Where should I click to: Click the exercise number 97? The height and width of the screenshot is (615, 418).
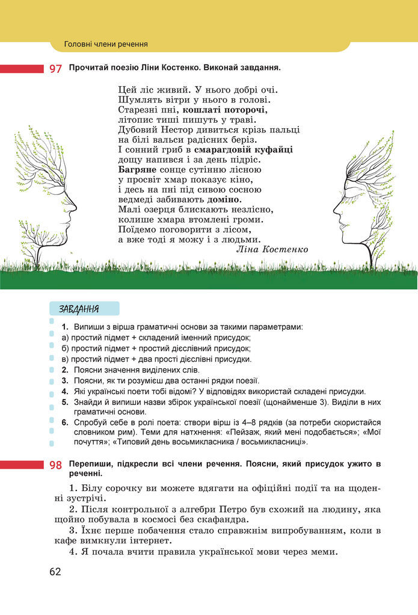point(55,69)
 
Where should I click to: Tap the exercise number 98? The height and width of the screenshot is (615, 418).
point(55,465)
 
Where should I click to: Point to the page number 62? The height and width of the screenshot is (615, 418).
point(55,571)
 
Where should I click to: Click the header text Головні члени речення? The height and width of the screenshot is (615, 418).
point(106,44)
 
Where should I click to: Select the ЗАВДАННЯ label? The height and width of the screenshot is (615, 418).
point(79,309)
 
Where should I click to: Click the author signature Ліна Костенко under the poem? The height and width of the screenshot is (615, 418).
point(272,249)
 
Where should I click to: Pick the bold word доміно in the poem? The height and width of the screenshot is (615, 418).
point(224,199)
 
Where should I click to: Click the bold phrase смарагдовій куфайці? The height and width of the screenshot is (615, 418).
point(243,149)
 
